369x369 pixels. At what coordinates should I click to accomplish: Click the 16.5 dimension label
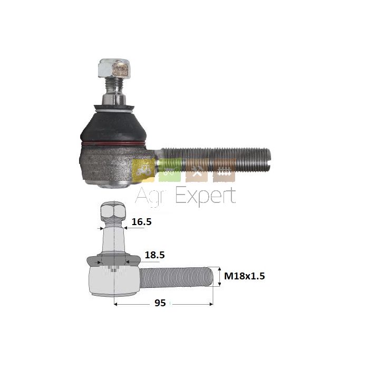tap(141, 222)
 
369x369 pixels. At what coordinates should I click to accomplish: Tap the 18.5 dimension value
tap(154, 255)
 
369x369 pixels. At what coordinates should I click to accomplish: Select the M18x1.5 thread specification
tap(245, 276)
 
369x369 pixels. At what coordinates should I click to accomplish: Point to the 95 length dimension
tap(160, 303)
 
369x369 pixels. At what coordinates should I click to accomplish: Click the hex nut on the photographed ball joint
tap(114, 69)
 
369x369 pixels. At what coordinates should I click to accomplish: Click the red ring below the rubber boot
tap(113, 144)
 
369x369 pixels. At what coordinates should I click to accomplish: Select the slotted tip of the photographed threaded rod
tap(268, 160)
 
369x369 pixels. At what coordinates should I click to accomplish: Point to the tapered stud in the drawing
tap(114, 240)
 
